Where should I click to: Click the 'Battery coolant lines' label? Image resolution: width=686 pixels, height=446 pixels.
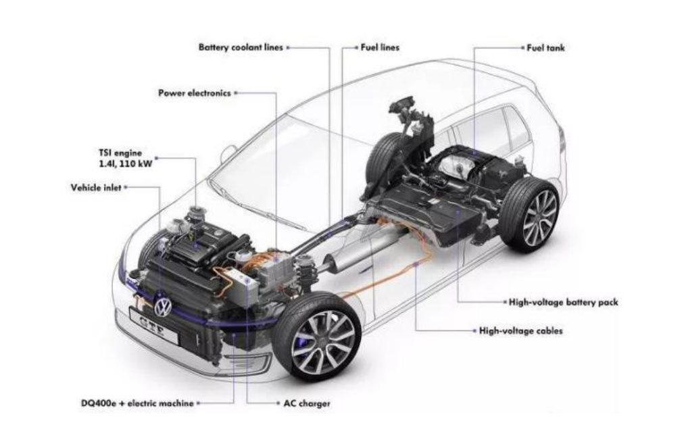click(x=241, y=47)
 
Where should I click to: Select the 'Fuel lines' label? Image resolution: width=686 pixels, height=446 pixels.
click(x=380, y=47)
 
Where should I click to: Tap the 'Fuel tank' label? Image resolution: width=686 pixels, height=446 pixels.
click(x=545, y=48)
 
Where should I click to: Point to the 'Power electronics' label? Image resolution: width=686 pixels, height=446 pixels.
click(x=194, y=93)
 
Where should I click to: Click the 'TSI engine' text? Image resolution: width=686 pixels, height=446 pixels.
click(x=120, y=153)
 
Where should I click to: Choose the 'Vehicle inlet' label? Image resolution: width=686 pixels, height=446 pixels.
click(x=96, y=188)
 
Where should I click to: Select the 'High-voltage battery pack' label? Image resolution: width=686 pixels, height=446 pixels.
click(x=564, y=302)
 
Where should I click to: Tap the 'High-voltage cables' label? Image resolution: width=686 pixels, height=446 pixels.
click(x=521, y=330)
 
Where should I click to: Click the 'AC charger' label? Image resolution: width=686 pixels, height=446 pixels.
click(x=307, y=403)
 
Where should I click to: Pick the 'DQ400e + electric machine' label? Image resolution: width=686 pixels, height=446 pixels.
click(x=137, y=403)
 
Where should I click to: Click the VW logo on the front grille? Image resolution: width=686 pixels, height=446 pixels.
click(x=163, y=308)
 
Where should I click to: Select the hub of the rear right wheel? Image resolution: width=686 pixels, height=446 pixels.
click(x=540, y=218)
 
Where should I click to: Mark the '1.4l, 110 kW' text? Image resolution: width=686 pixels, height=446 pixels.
click(x=126, y=164)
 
